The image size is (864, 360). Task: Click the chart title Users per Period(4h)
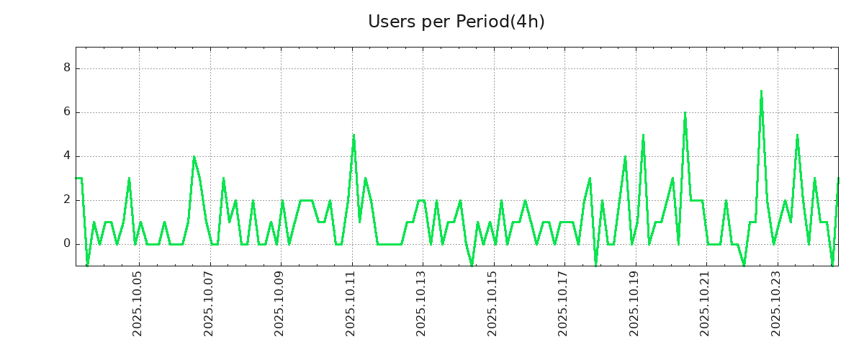tap(456, 22)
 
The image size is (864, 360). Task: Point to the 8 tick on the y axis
tap(66, 68)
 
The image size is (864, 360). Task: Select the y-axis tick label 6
tap(66, 112)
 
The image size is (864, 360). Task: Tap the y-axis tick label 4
tap(66, 156)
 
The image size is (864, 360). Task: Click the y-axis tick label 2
tap(66, 200)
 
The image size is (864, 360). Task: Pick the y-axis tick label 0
tap(66, 244)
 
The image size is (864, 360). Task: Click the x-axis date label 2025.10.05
tap(138, 303)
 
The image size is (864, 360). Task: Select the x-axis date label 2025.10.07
tap(209, 303)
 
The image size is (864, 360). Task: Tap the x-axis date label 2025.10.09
tap(279, 303)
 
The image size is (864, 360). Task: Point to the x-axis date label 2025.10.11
tap(351, 303)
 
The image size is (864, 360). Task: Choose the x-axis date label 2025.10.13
tap(421, 303)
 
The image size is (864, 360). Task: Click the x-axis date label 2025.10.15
tap(492, 303)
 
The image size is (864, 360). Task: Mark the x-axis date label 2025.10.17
tap(563, 303)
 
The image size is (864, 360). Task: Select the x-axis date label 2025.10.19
tap(634, 303)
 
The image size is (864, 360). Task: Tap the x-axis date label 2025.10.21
tap(705, 303)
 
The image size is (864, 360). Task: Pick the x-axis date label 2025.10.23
tap(776, 303)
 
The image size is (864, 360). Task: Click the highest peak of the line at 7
tap(761, 91)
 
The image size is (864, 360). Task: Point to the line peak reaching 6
tap(685, 113)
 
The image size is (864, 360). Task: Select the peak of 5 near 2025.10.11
tap(354, 135)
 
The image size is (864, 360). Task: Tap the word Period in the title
tap(482, 22)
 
